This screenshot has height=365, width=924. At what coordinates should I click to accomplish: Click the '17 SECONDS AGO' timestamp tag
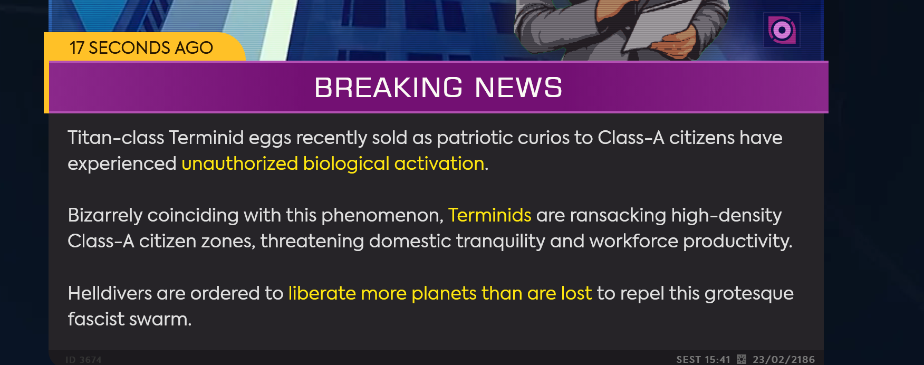(x=141, y=47)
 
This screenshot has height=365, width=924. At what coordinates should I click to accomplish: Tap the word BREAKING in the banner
(x=389, y=88)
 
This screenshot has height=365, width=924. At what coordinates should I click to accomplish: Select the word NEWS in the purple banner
(x=519, y=88)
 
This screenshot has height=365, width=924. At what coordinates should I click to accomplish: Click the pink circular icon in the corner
(x=782, y=30)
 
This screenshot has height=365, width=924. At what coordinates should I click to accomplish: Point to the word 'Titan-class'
(x=116, y=138)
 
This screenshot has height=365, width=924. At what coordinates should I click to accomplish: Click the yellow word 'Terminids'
(x=489, y=215)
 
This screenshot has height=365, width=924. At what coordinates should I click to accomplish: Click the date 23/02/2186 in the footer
(x=784, y=359)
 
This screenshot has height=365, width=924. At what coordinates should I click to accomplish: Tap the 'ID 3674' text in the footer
(x=83, y=360)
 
